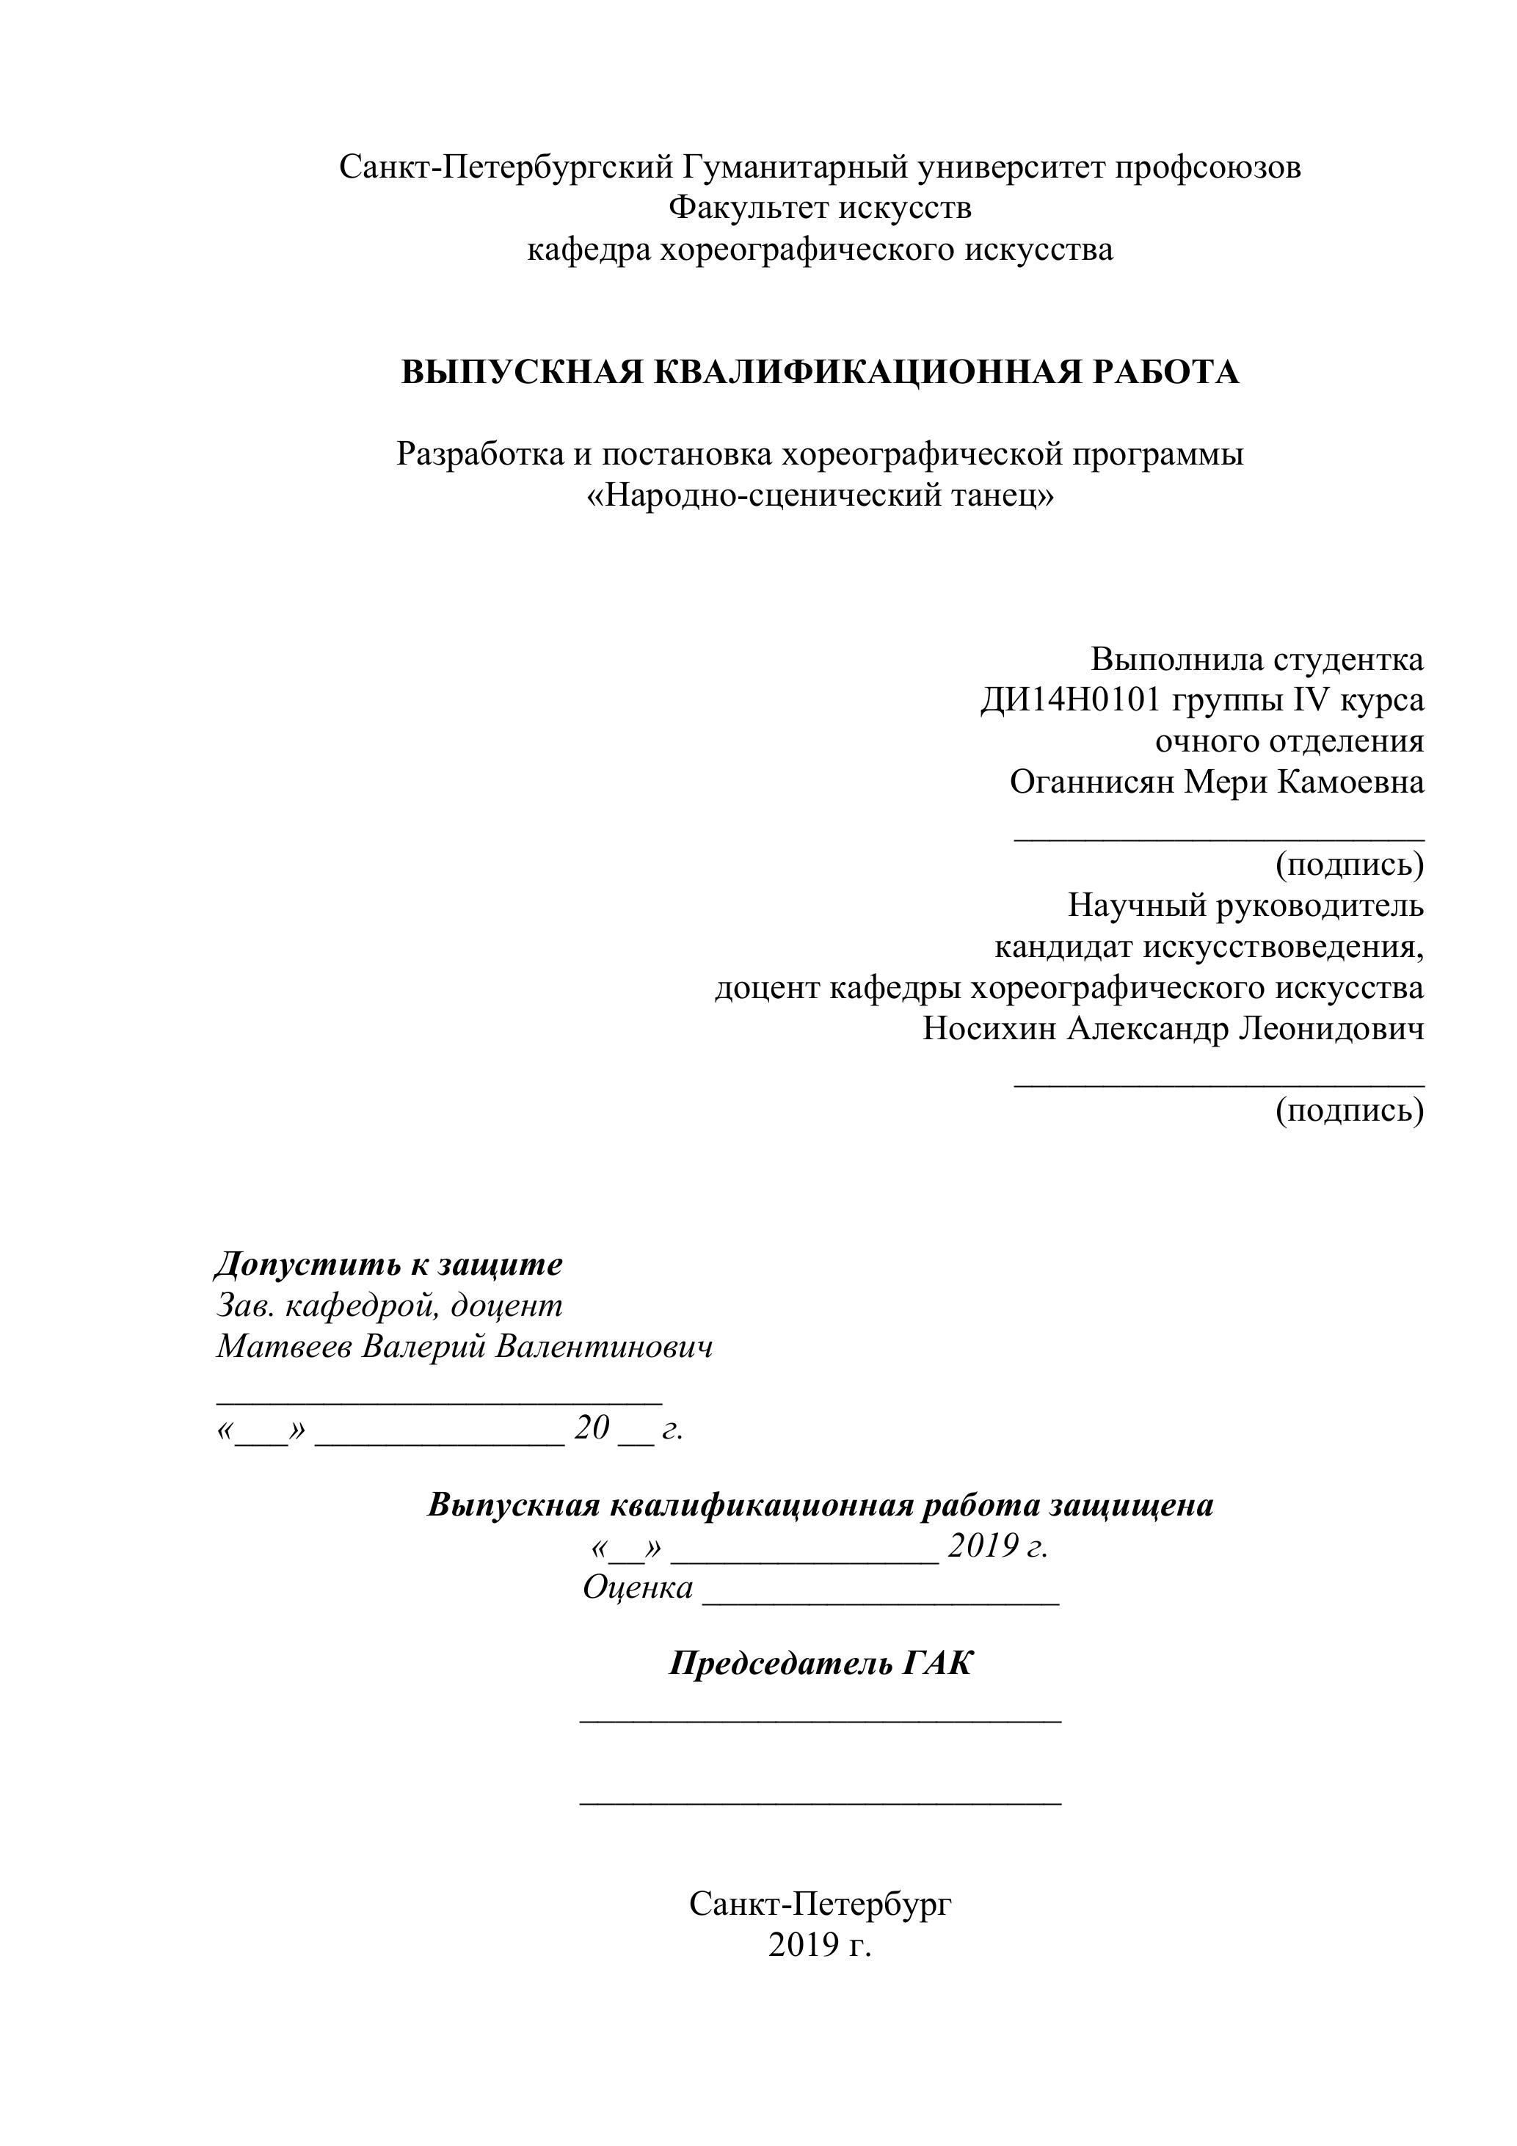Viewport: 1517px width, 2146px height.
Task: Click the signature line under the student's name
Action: tap(1219, 840)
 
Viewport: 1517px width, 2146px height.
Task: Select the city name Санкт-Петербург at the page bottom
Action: tap(820, 1903)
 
